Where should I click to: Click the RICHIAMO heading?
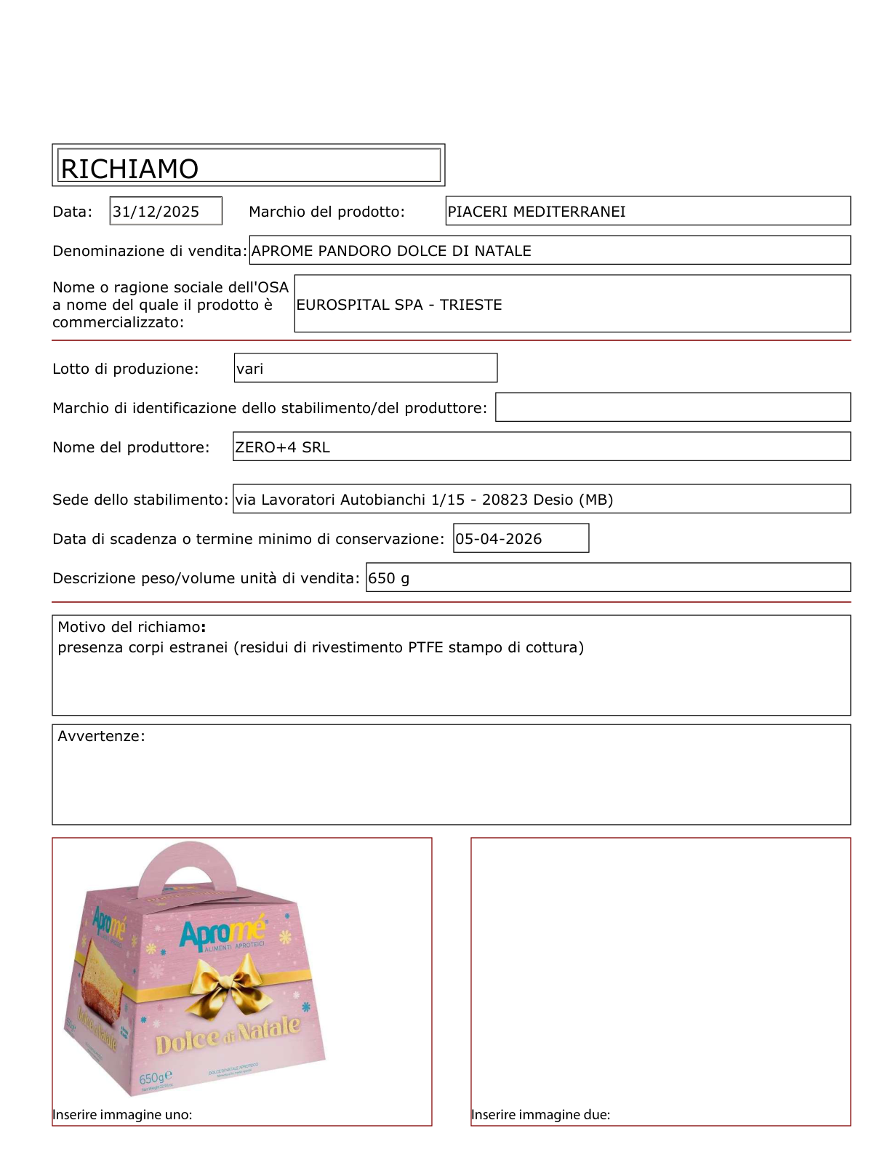(x=129, y=169)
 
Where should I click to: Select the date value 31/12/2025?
(x=156, y=212)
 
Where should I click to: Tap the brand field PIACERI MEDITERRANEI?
(x=537, y=212)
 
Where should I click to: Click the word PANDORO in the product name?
(x=355, y=251)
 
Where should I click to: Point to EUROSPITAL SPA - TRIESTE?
(x=399, y=305)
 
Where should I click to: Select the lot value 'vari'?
(x=250, y=369)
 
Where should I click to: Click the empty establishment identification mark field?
(x=673, y=407)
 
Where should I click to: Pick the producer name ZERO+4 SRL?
(x=282, y=447)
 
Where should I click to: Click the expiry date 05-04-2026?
(x=499, y=539)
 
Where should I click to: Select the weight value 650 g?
(x=389, y=578)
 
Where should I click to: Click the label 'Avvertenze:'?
(x=101, y=736)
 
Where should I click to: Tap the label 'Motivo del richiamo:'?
(x=132, y=627)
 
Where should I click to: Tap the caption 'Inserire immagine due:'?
(x=540, y=1115)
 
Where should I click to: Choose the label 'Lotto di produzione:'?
(x=125, y=369)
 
